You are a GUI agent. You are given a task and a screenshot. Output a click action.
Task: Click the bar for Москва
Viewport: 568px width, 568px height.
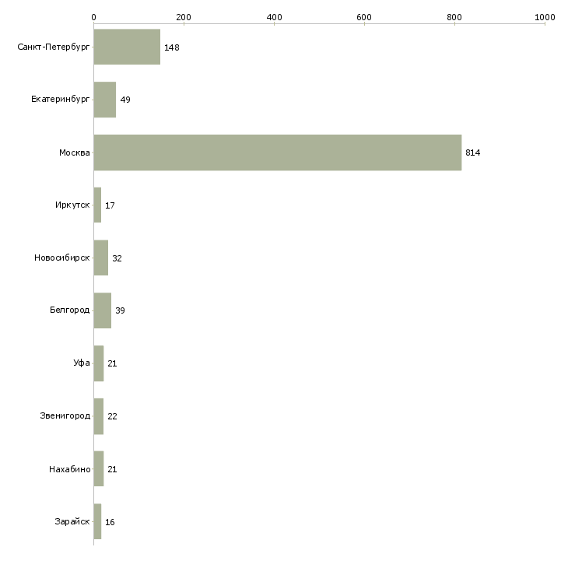277,153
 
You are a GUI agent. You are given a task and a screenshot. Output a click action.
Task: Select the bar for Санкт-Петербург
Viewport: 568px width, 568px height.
127,47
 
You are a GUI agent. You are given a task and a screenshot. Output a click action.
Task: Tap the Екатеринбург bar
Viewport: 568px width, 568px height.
104,100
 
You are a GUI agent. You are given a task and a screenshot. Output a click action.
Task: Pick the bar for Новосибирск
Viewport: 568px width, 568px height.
100,258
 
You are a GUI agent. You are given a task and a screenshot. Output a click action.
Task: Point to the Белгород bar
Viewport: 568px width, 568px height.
102,310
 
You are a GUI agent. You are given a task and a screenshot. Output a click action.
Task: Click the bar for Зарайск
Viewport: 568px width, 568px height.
97,521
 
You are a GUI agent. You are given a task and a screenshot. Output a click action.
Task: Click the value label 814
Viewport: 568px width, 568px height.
472,153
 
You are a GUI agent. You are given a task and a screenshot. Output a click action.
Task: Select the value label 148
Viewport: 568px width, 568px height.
171,47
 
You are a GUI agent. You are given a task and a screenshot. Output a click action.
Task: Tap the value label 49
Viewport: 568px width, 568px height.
124,100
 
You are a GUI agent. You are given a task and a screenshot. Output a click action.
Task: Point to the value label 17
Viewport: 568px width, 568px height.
110,205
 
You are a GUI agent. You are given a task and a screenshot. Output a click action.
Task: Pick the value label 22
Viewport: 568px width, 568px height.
112,416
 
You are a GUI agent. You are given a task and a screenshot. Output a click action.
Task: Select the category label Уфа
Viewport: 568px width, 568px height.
82,363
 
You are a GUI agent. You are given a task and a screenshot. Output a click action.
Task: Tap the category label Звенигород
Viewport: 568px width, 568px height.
65,416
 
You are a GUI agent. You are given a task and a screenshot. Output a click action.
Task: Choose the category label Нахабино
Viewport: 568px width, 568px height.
69,469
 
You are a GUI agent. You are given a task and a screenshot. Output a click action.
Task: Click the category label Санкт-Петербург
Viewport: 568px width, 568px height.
54,47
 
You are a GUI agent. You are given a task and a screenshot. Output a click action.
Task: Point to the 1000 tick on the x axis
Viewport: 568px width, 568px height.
545,16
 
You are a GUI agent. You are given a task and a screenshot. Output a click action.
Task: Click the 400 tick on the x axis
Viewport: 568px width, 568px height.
274,16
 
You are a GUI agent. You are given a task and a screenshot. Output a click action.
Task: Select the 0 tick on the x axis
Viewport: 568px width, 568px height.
93,16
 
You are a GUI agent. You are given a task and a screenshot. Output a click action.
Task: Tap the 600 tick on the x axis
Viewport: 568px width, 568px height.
364,16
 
